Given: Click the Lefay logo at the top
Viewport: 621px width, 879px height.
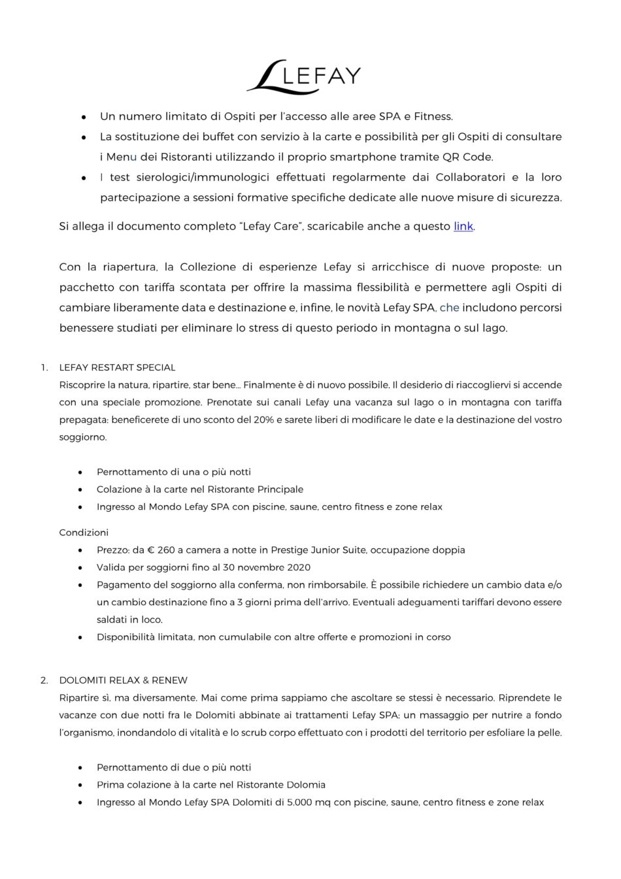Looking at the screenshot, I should point(303,76).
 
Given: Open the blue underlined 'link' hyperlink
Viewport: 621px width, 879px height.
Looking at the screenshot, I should point(463,226).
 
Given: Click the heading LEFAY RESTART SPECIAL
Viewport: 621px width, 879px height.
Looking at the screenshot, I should point(117,367).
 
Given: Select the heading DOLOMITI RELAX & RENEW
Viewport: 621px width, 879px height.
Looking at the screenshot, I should point(124,680).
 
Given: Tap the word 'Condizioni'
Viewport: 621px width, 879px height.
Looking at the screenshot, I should point(84,532).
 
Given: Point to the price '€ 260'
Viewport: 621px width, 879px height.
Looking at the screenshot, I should point(165,550).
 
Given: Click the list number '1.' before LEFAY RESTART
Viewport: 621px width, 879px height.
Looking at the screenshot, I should point(44,367).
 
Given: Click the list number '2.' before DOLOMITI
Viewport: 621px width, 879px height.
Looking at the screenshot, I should point(44,680).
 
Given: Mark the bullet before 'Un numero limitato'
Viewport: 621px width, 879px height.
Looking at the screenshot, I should point(84,117).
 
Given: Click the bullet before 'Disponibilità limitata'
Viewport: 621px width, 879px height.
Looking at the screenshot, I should point(80,637).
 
